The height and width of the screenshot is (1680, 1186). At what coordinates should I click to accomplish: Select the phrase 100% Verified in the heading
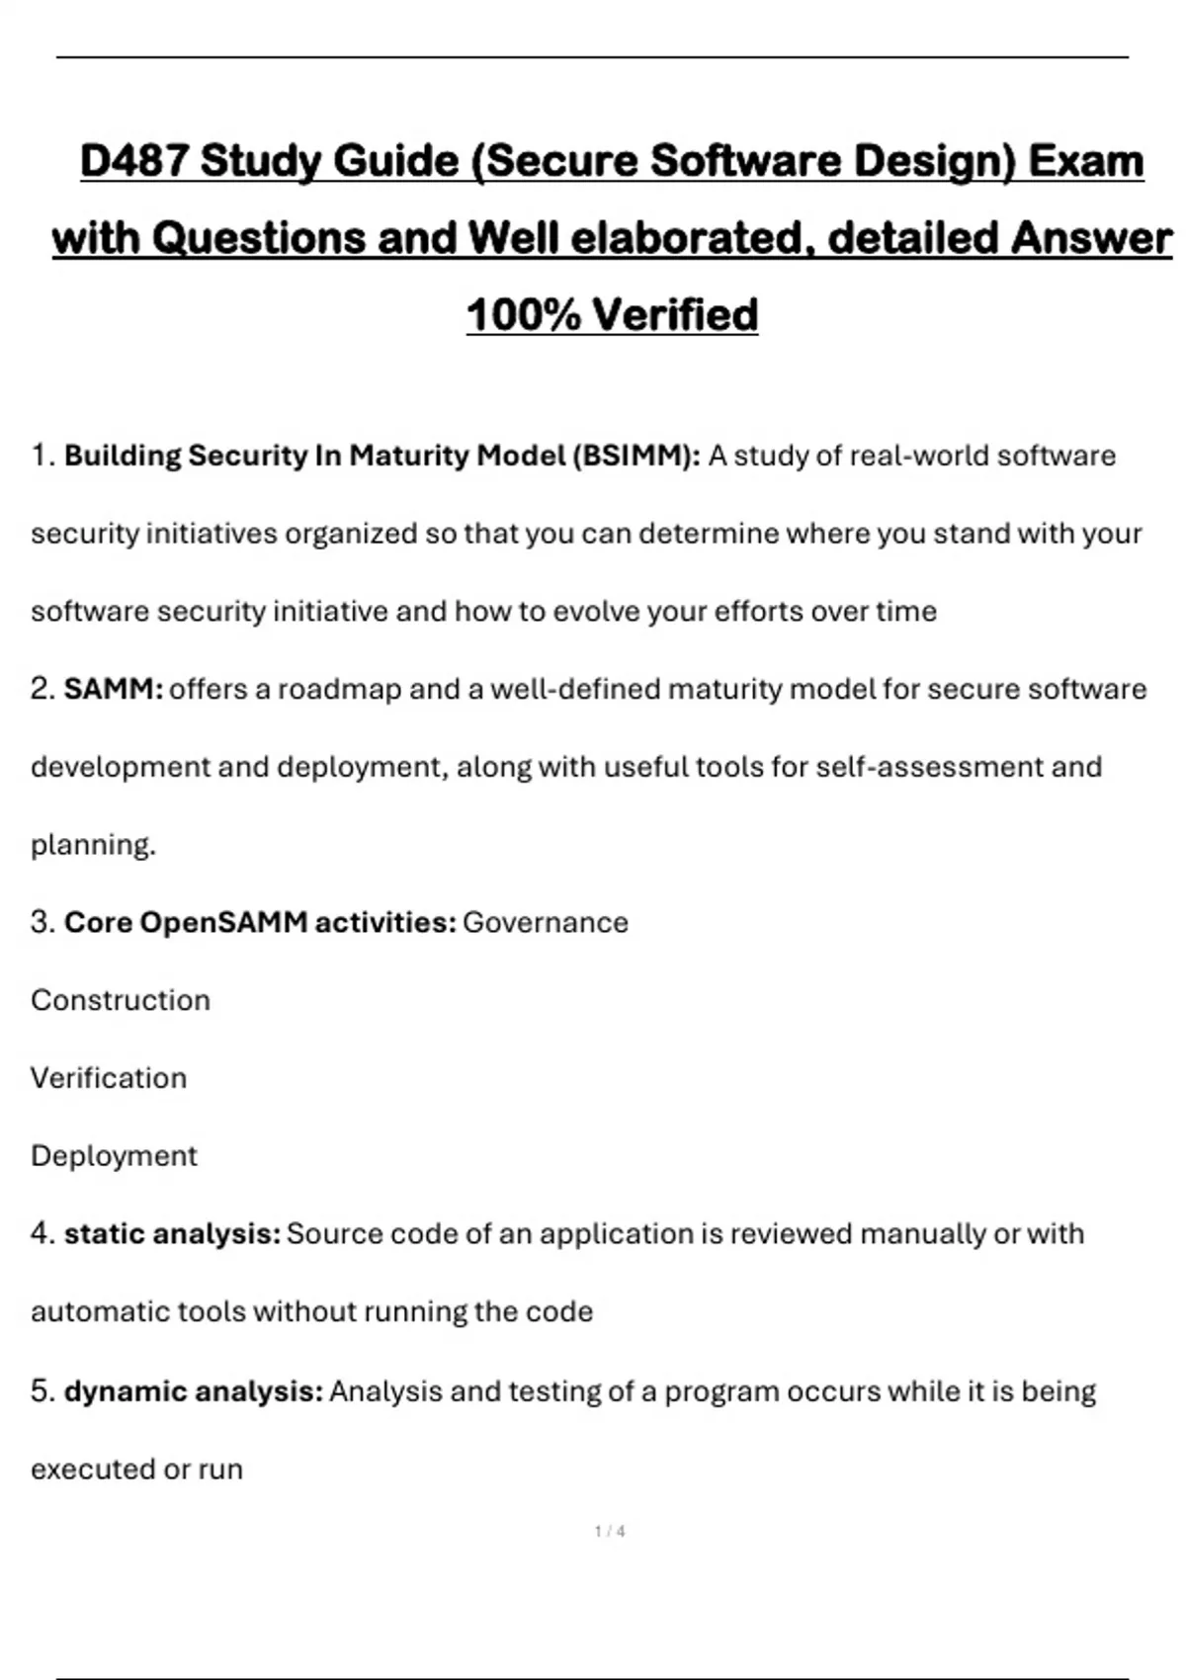click(x=612, y=315)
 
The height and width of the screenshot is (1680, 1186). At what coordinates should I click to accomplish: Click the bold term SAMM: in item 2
click(x=114, y=689)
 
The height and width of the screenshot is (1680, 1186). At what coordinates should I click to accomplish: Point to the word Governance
click(x=546, y=922)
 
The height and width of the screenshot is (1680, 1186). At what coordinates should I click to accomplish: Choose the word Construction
click(x=121, y=1000)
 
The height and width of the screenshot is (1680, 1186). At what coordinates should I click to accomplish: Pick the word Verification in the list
click(x=109, y=1078)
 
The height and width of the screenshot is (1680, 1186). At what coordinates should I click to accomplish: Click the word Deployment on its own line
click(x=115, y=1156)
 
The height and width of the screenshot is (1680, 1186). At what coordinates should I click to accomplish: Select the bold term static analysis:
click(x=172, y=1233)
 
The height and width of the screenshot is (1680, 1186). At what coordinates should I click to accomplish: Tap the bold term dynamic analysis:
click(x=194, y=1391)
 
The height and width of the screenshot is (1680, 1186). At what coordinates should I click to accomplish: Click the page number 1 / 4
click(x=610, y=1532)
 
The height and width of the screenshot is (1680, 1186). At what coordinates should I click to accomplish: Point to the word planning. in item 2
click(x=94, y=845)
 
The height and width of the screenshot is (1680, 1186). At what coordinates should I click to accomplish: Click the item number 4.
click(x=42, y=1233)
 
